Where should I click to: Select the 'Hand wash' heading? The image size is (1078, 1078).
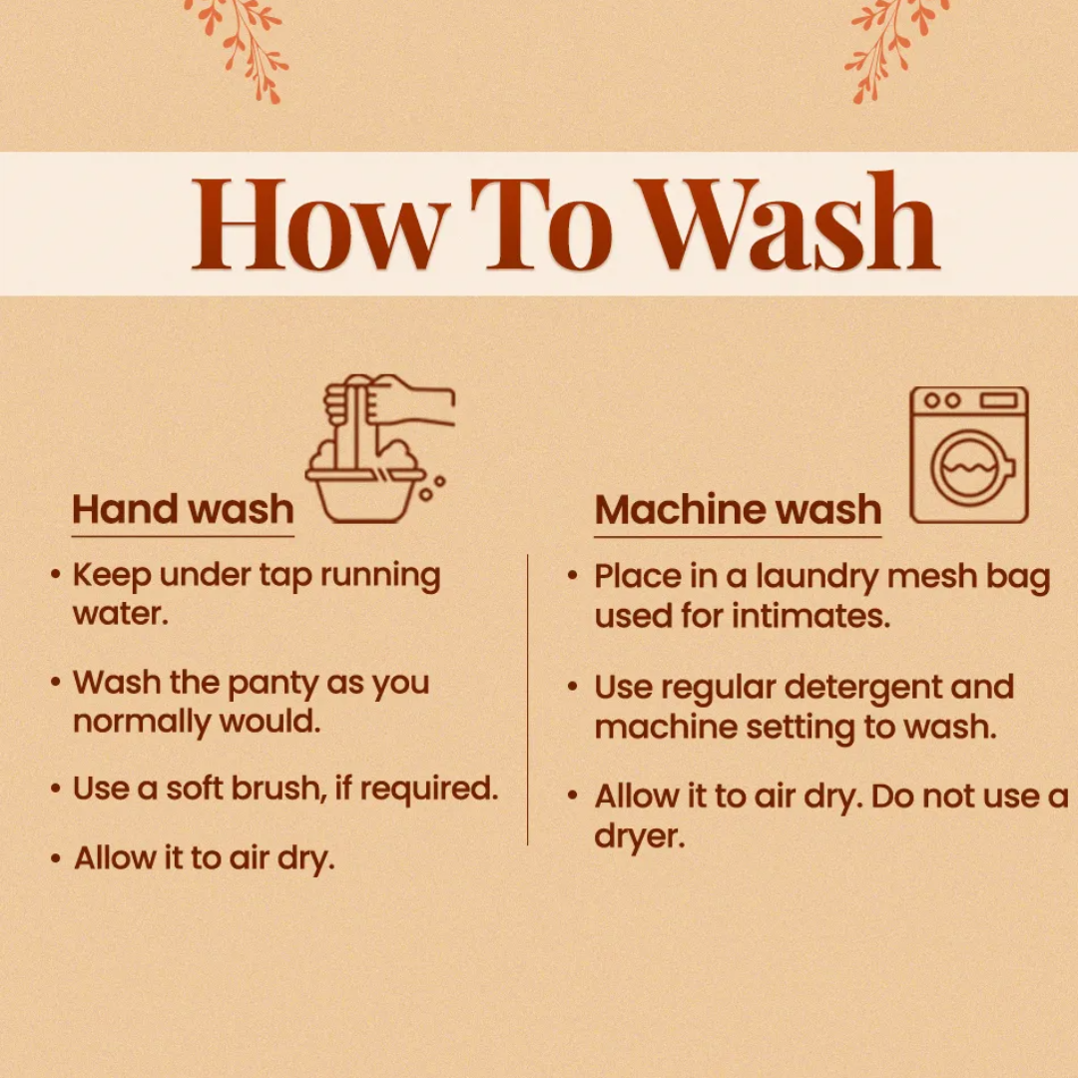coord(183,509)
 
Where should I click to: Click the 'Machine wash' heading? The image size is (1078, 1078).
coord(738,509)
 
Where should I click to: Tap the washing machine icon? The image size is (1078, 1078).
coord(968,454)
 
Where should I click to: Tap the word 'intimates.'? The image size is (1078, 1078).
coord(810,615)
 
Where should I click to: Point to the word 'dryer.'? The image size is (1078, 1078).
coord(640,836)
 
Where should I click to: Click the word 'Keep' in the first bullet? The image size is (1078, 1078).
coord(112,576)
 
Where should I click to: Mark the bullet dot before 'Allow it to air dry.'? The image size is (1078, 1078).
coord(56,858)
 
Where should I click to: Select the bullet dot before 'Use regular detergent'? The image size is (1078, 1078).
coord(572,686)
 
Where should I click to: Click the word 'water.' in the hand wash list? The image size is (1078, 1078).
coord(121,613)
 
